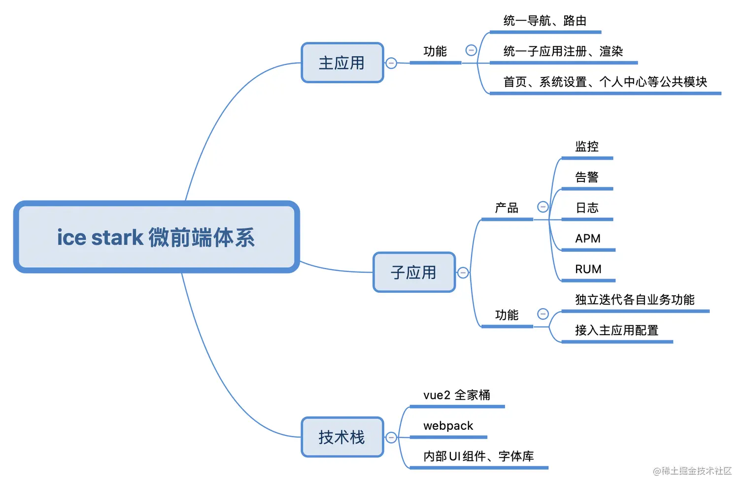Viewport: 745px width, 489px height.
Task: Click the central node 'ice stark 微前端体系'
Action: coord(156,237)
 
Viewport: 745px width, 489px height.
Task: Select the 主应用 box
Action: coord(342,63)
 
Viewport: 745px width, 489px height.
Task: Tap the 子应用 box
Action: coord(414,272)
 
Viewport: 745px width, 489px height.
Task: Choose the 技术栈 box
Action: coord(342,437)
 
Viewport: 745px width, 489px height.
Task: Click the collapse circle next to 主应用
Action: coord(391,63)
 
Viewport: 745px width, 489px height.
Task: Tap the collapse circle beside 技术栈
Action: coord(391,437)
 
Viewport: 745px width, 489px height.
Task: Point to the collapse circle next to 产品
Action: coord(542,207)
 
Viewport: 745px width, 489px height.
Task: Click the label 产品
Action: coord(507,208)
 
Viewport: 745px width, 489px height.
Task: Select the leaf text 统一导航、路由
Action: coord(544,21)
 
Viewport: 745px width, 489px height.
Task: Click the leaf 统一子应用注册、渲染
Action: coord(563,51)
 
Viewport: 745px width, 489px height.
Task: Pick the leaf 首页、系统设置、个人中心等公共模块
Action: coord(605,82)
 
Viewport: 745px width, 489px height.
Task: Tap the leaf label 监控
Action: coord(586,146)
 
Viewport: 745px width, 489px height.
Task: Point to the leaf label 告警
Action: coord(586,177)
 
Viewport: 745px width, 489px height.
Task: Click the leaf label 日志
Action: coord(586,208)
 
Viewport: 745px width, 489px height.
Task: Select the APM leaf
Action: coord(587,239)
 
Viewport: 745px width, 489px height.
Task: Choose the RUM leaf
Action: coord(588,269)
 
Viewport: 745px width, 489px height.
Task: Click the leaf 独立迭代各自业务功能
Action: coord(635,300)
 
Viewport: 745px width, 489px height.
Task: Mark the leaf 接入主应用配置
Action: coord(616,330)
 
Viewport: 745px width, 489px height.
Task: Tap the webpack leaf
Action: coord(448,426)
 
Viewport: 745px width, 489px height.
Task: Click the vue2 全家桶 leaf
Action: coord(456,395)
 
